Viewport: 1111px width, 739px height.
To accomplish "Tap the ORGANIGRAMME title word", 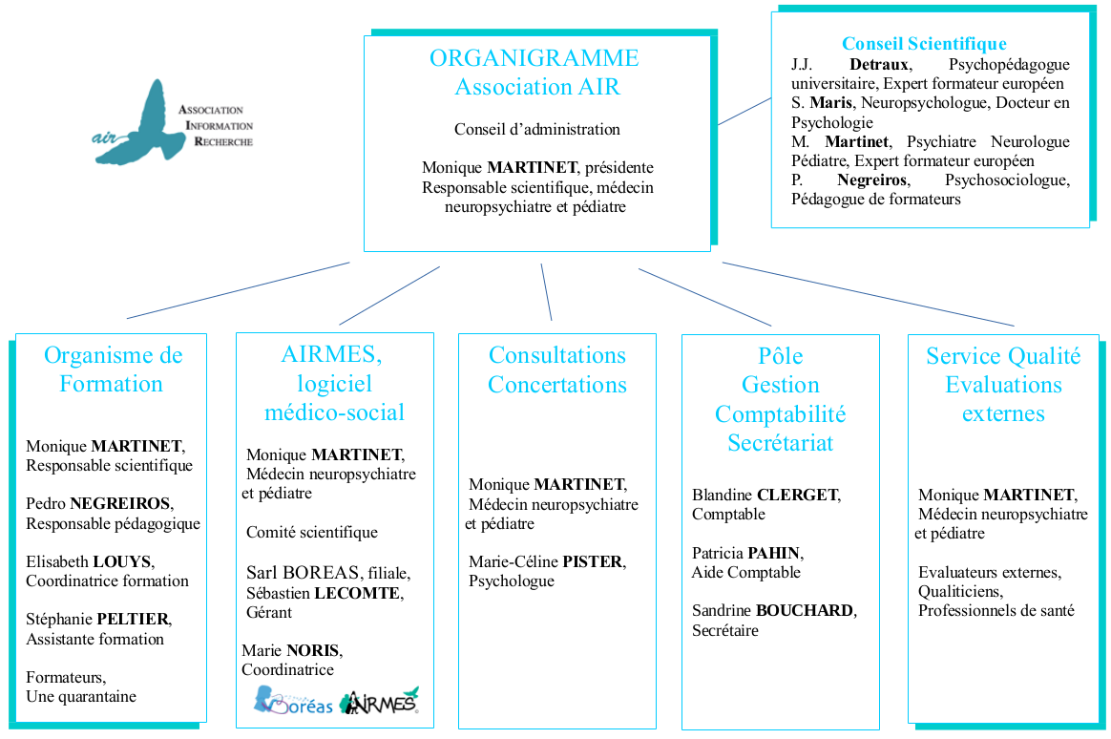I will (534, 58).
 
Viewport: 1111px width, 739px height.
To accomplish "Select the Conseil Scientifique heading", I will (923, 44).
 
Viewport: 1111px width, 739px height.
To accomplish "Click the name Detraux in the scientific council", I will (880, 65).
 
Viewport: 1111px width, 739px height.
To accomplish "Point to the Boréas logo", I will (293, 703).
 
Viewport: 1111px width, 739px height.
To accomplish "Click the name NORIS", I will (312, 651).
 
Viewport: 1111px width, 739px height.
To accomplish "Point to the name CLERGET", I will (797, 495).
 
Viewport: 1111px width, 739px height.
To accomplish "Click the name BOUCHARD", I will (806, 610).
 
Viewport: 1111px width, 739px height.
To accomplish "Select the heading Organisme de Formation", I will (113, 369).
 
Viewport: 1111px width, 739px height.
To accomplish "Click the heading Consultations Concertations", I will (557, 369).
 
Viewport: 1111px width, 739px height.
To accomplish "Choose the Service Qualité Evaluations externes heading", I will (1003, 385).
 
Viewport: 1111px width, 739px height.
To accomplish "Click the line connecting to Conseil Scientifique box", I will (744, 111).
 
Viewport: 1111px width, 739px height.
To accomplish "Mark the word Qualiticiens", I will (957, 591).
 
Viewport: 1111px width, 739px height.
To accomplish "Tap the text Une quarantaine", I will (81, 696).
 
